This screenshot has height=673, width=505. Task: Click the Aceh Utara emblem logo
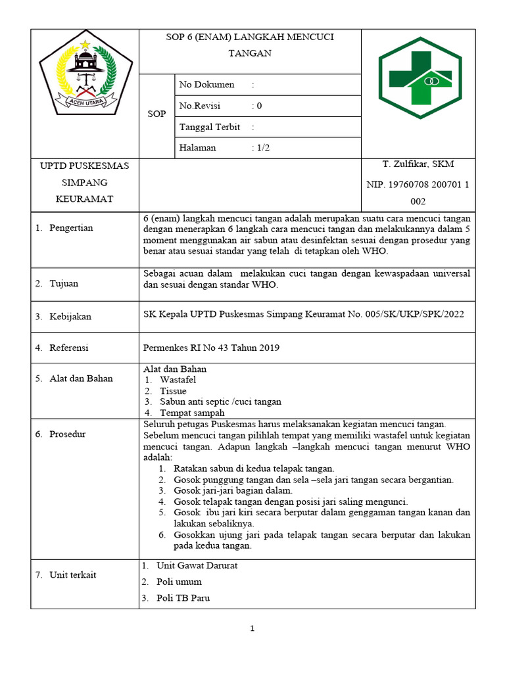pos(84,77)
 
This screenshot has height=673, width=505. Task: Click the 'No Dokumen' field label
pos(206,85)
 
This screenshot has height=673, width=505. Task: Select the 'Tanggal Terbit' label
pos(209,127)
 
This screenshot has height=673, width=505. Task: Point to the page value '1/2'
pos(263,148)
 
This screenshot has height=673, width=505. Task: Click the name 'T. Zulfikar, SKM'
pos(418,164)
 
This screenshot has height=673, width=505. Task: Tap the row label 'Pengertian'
pos(70,228)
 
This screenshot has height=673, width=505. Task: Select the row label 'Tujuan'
pos(63,283)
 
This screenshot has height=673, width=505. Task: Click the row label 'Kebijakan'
pos(70,317)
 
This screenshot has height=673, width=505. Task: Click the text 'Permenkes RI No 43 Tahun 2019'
pos(211,348)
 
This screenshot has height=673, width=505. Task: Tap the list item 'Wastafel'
pos(178,380)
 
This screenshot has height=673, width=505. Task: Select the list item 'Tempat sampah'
pos(192,413)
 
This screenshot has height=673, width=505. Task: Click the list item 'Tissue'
pos(173,391)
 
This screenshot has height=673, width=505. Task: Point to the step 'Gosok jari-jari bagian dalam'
pos(233,490)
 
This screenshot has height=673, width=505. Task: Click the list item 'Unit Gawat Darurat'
pos(197,565)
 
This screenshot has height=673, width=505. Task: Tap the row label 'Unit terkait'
pos(72,575)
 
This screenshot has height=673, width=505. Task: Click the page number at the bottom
pos(252,629)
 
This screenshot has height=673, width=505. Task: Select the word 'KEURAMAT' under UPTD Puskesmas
pos(84,198)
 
